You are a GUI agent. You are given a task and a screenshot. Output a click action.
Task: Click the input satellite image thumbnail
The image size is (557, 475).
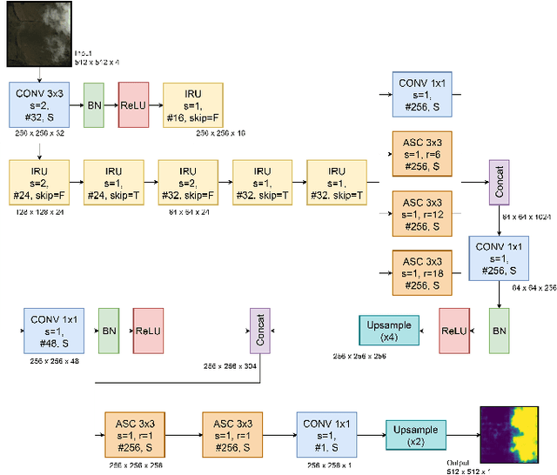[37, 33]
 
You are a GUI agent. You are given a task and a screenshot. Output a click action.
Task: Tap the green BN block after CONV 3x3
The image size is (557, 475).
[94, 105]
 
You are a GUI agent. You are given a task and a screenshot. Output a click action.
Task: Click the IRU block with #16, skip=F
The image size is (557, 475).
[192, 105]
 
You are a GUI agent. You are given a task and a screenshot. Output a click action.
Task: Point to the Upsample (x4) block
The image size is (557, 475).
[389, 331]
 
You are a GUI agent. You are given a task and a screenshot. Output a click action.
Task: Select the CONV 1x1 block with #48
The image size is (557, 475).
[53, 331]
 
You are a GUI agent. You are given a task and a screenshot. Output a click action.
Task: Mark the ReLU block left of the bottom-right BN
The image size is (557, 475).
[453, 331]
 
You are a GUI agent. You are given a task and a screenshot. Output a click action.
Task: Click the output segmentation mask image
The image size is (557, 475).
[513, 433]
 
